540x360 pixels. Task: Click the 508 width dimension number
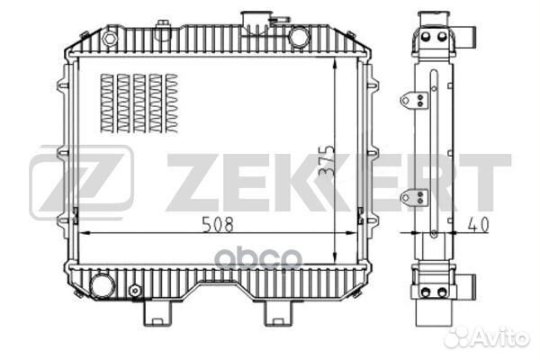coord(218,224)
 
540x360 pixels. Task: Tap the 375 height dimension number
coord(326,161)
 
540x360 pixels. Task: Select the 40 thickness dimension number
coord(478,225)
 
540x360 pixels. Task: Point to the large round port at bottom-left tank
coord(103,285)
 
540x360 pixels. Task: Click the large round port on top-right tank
coord(299,37)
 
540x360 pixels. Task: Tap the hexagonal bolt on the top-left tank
coord(110,38)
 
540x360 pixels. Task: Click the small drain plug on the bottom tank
coord(135,291)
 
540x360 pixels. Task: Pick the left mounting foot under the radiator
coord(157,313)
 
